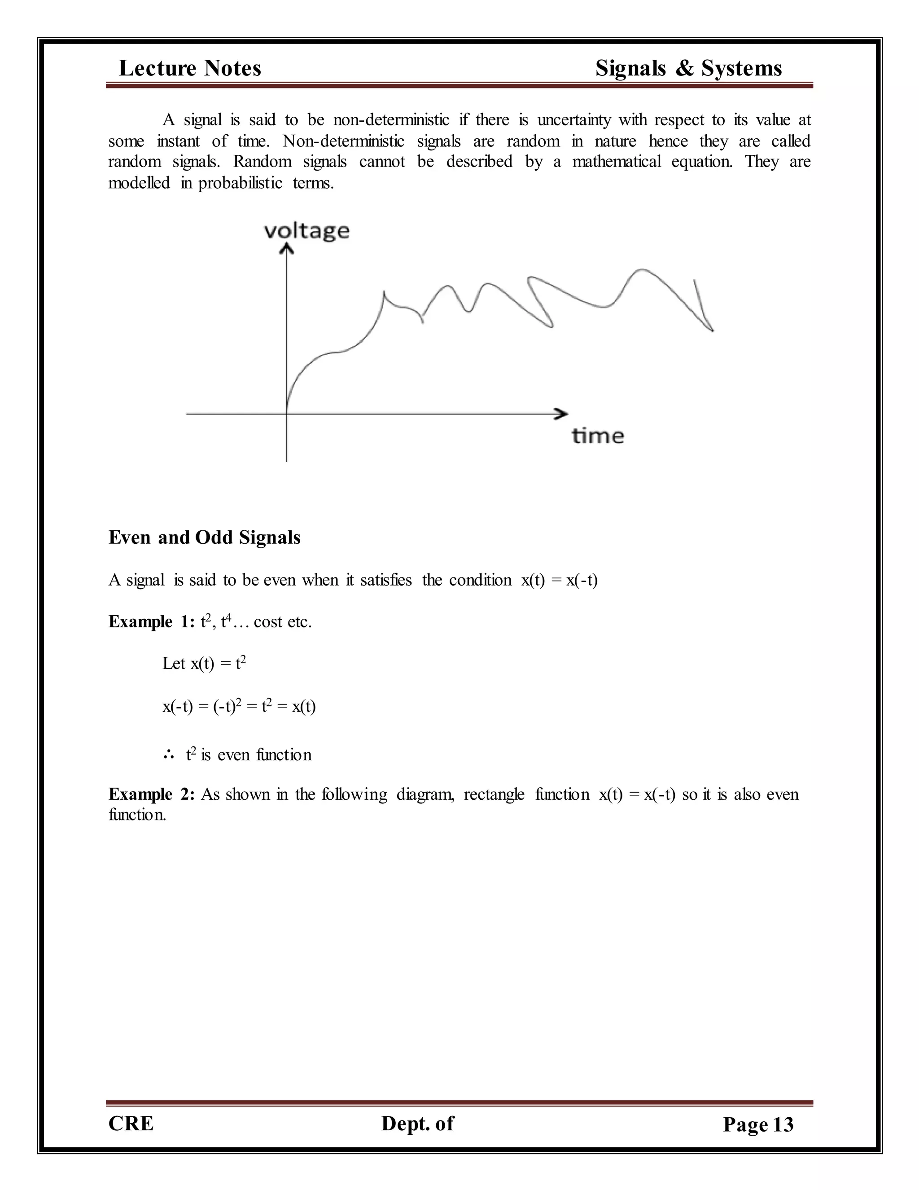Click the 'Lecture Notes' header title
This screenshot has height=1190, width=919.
[x=189, y=69]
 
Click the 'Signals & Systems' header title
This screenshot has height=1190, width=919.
[x=688, y=69]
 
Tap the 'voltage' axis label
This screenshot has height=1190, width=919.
[x=306, y=231]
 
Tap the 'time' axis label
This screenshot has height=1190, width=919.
[x=598, y=436]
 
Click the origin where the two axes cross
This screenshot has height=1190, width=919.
[x=286, y=414]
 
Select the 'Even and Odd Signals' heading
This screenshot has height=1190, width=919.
[x=204, y=537]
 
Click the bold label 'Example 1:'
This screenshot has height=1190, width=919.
[x=151, y=621]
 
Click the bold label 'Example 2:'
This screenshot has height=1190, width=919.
[x=151, y=794]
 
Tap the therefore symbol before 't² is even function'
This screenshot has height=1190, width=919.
[x=168, y=755]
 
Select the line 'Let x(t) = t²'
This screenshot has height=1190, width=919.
[x=204, y=664]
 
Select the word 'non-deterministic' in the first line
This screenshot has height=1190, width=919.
[x=391, y=120]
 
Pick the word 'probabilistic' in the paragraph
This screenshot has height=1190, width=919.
[x=240, y=183]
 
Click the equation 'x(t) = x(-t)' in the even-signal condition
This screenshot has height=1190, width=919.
[x=559, y=580]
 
